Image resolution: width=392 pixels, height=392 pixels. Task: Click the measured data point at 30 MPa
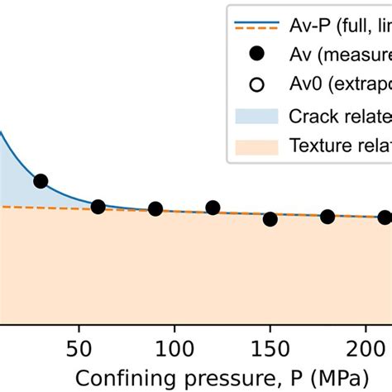[41, 181]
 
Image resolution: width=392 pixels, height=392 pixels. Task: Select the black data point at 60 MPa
[98, 207]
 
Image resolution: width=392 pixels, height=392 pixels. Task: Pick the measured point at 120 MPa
[213, 208]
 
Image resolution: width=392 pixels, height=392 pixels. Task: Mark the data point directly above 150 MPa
[270, 219]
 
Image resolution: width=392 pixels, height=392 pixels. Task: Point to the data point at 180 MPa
[327, 217]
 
